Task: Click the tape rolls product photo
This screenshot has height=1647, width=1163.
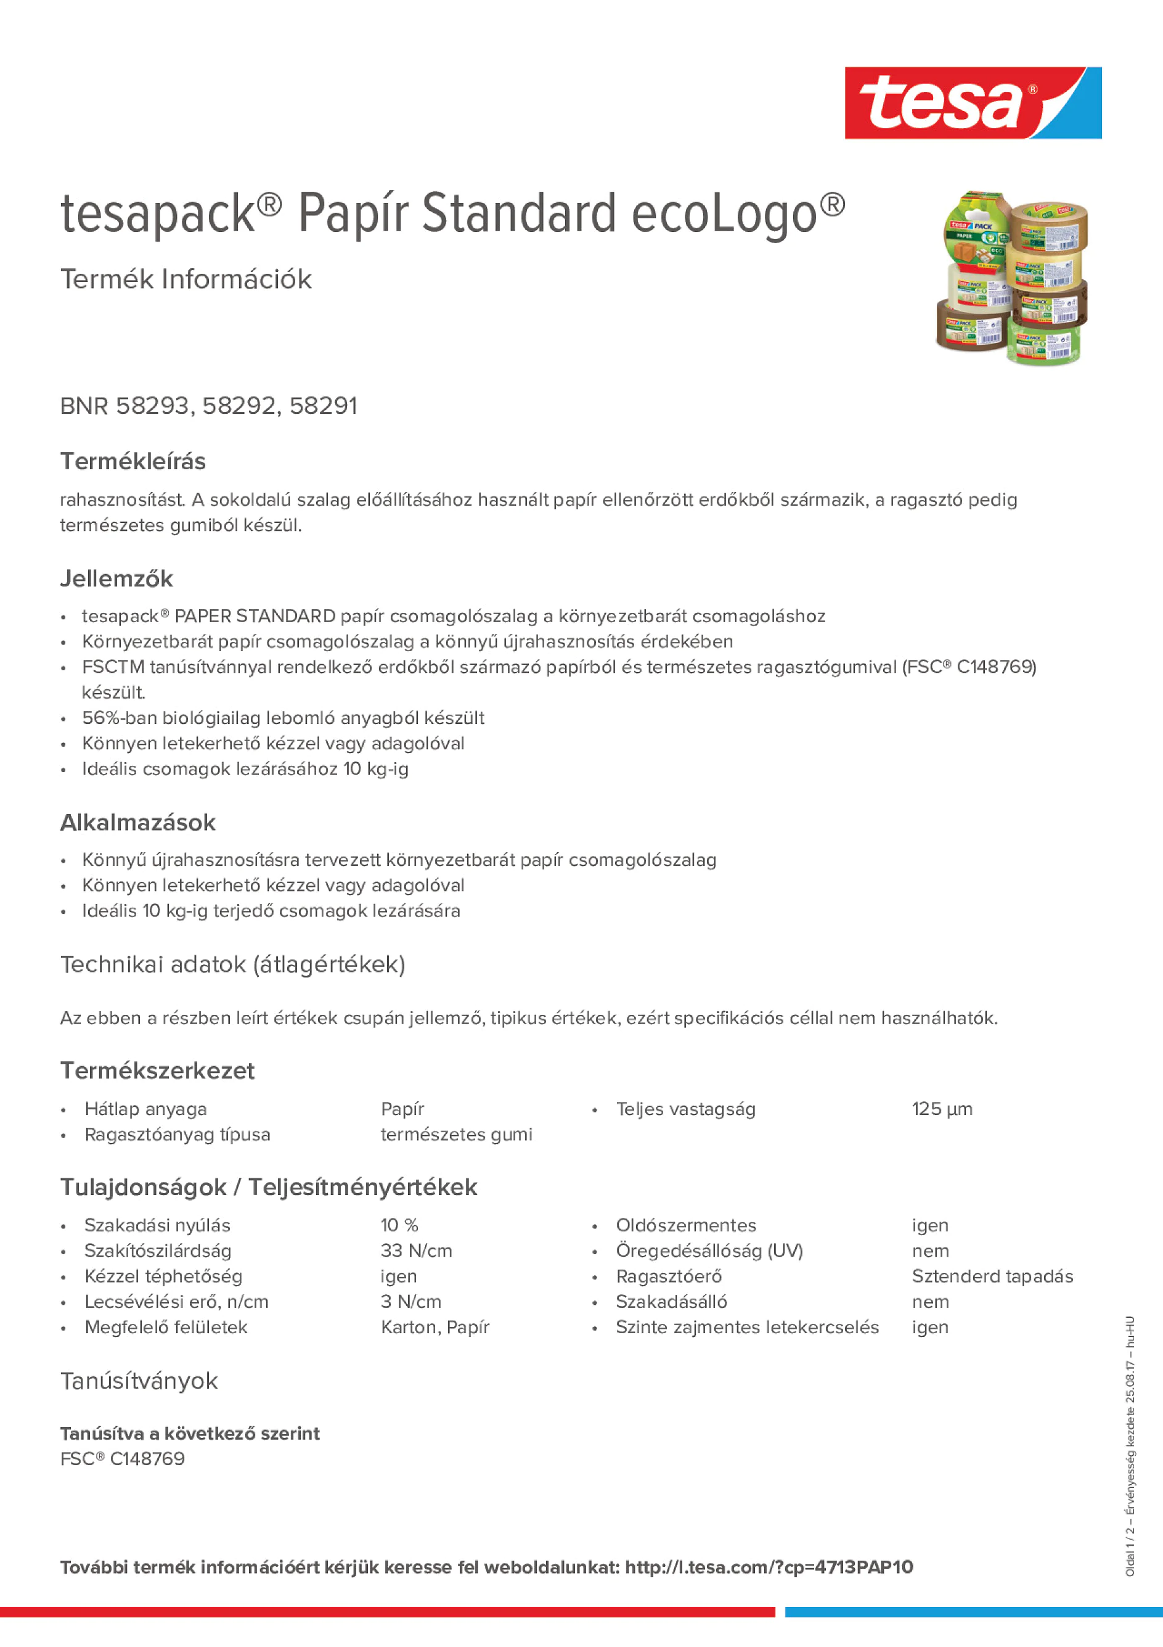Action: click(x=1012, y=277)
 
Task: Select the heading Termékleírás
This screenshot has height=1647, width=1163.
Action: click(x=133, y=461)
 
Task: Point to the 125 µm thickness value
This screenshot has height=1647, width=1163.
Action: click(x=942, y=1109)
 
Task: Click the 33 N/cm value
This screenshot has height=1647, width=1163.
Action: click(x=416, y=1251)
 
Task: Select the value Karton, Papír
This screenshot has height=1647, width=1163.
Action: click(x=435, y=1327)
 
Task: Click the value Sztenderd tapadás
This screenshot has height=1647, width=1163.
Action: click(x=992, y=1276)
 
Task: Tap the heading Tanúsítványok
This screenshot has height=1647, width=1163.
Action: click(x=139, y=1381)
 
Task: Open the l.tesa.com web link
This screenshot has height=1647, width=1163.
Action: click(x=769, y=1567)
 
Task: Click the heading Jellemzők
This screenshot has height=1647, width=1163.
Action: click(x=116, y=579)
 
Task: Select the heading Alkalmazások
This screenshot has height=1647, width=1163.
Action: click(x=137, y=823)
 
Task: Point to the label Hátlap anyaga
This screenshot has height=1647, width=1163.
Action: click(x=145, y=1109)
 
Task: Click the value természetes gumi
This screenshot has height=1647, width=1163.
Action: click(x=456, y=1134)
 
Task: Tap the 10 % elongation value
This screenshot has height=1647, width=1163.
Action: click(x=399, y=1225)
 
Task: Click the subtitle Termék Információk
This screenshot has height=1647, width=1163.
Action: click(x=186, y=279)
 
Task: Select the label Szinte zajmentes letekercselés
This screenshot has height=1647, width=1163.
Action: click(x=746, y=1327)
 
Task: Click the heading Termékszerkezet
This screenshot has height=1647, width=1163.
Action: click(x=157, y=1071)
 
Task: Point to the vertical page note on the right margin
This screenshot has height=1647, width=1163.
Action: click(x=1130, y=1445)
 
